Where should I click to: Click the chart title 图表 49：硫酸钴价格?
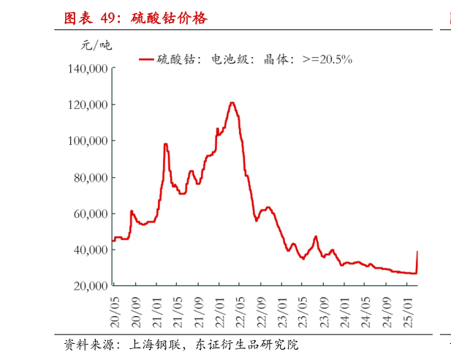pyautogui.click(x=135, y=18)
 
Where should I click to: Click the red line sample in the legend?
pyautogui.click(x=145, y=59)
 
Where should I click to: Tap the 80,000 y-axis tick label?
pyautogui.click(x=91, y=177)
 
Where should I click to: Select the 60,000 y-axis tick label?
pyautogui.click(x=91, y=213)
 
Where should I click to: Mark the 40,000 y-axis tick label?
pyautogui.click(x=91, y=250)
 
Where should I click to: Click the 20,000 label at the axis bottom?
pyautogui.click(x=91, y=285)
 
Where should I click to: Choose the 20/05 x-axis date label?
pyautogui.click(x=114, y=311)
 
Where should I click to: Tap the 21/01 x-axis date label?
pyautogui.click(x=156, y=311)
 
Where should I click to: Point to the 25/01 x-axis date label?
pyautogui.click(x=410, y=311)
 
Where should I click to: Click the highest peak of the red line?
pyautogui.click(x=232, y=102)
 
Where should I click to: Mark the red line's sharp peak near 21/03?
pyautogui.click(x=165, y=144)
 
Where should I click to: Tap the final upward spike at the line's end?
pyautogui.click(x=417, y=252)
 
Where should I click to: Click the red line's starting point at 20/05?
pyautogui.click(x=113, y=240)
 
